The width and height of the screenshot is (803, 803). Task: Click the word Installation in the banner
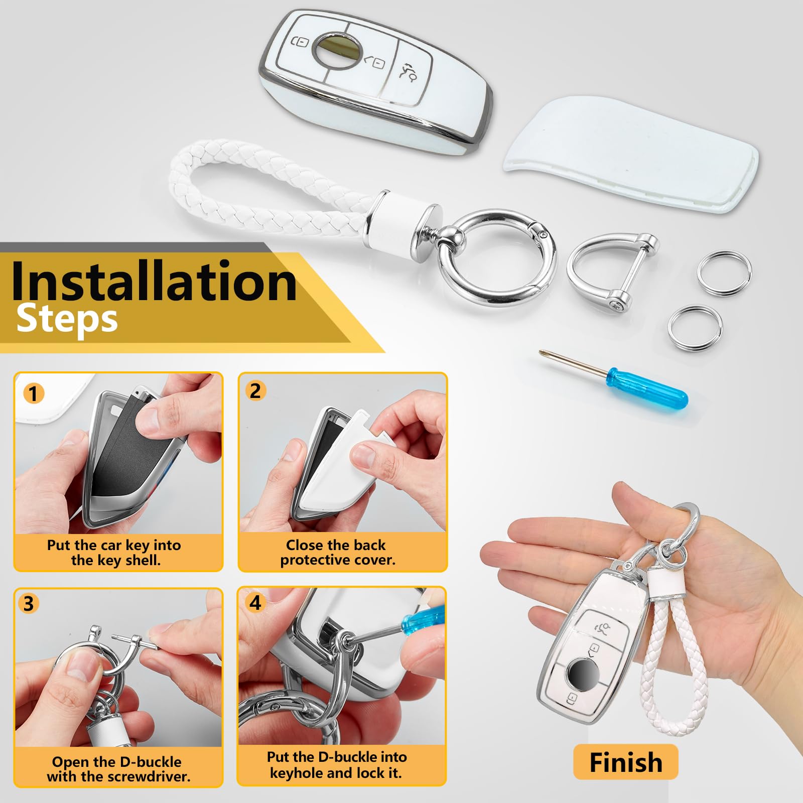154,281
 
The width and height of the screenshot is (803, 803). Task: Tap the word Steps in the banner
67,319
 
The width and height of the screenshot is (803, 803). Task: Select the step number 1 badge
34,393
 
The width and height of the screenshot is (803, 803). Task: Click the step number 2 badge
255,391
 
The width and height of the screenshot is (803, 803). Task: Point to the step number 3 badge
29,603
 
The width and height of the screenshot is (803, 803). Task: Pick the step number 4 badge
255,603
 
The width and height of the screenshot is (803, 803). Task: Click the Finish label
626,762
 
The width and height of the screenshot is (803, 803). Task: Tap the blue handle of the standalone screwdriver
647,386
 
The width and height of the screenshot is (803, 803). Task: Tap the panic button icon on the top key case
408,71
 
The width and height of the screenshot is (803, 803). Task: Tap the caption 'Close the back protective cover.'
337,552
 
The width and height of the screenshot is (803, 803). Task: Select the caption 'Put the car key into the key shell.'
114,552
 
